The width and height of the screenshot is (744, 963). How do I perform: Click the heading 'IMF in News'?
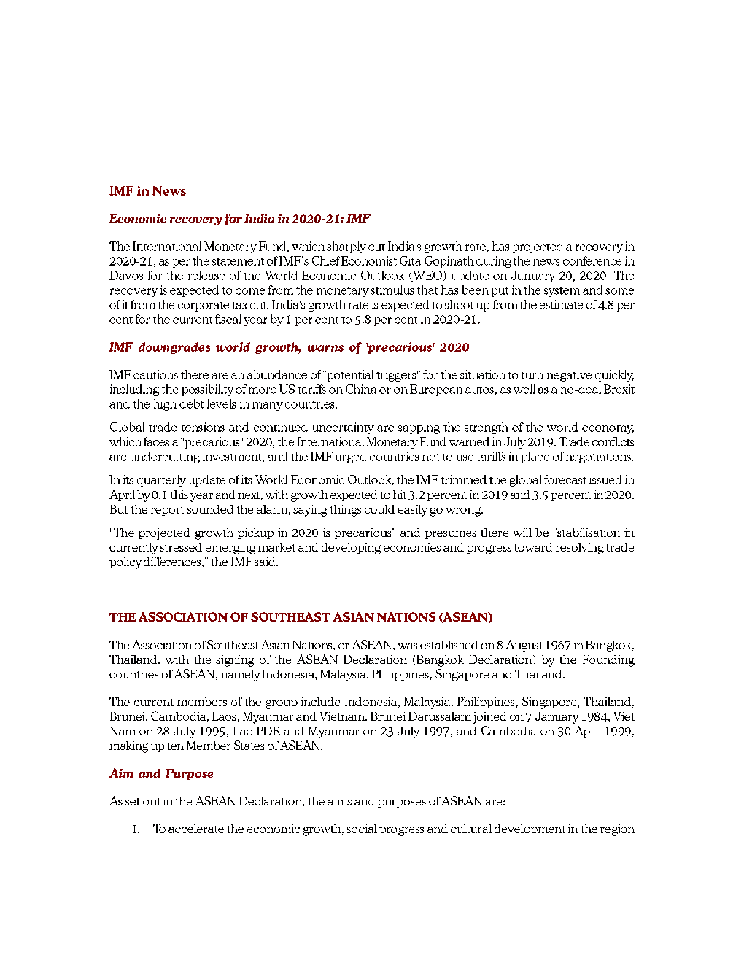pos(147,191)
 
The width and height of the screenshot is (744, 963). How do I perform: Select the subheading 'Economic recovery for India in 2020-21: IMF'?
pos(239,219)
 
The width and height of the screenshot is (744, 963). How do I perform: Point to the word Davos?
pos(126,276)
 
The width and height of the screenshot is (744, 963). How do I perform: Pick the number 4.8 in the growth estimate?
pos(605,305)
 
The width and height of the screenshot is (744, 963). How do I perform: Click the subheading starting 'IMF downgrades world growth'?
pos(289,347)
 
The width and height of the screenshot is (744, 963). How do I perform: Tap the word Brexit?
pos(619,390)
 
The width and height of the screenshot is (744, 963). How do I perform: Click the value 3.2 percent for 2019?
pos(437,495)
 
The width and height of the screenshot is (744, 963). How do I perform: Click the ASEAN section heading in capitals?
pos(301,617)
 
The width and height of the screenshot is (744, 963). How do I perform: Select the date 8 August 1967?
pos(535,645)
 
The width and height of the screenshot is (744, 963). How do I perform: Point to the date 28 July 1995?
pos(177,731)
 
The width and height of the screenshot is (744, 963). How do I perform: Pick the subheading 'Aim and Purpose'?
pos(161,773)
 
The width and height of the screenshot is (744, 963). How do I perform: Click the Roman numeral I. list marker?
pos(136,829)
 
